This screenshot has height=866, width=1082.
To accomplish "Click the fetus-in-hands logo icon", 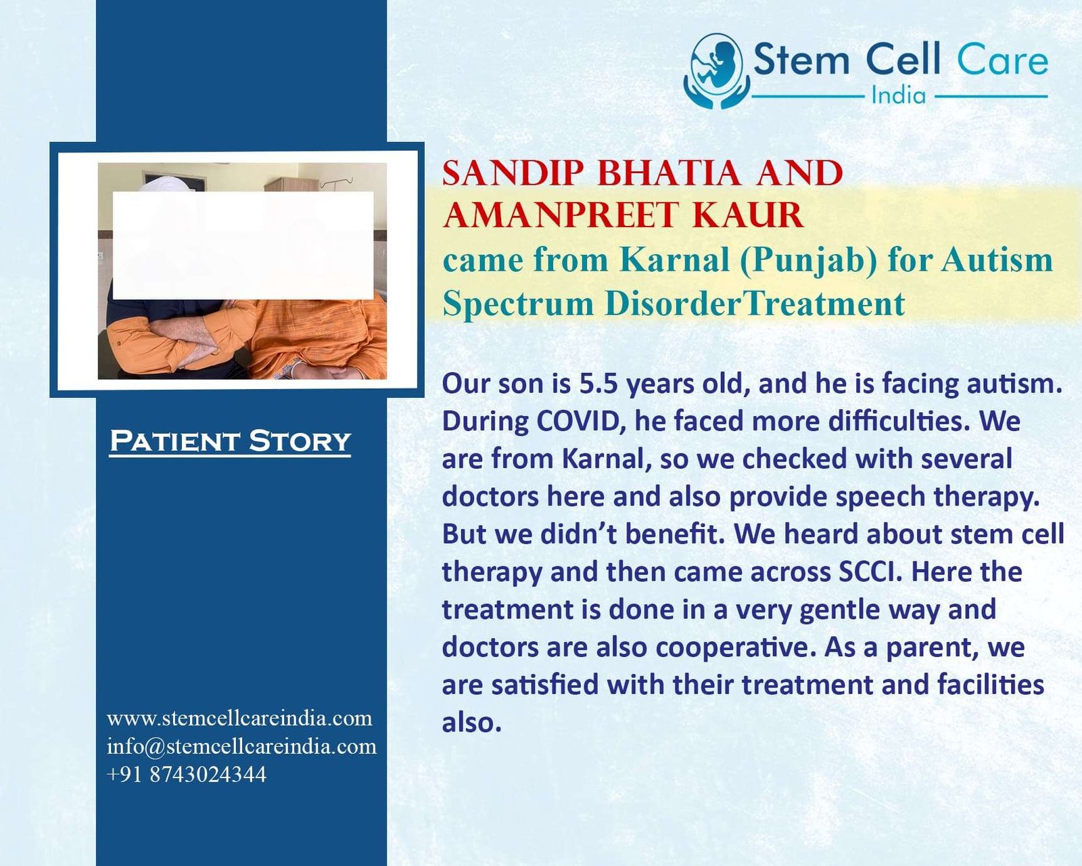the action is pos(716,71).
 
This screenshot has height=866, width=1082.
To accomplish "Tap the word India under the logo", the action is pos(899,95).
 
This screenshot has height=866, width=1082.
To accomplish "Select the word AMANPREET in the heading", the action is pos(560,215).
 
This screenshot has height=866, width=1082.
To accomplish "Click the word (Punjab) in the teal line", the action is pos(808,261).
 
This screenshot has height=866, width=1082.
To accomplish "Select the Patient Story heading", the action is pos(231,441).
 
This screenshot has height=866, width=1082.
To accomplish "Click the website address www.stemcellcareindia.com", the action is pos(239,718).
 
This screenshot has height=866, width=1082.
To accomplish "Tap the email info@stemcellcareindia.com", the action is pos(241,746).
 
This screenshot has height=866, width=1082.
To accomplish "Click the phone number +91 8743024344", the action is pos(187,775).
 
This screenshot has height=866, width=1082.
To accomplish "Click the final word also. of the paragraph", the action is pos(471,723).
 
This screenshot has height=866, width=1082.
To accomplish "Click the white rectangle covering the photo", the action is pos(243,245).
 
